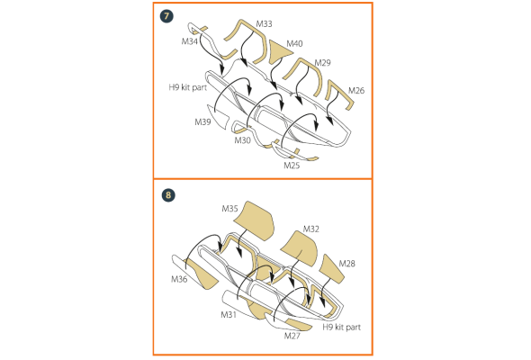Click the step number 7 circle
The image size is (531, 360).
tap(166, 16)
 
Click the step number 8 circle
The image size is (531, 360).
tap(168, 195)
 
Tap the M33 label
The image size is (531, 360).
tap(264, 24)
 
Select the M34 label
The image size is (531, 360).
tap(189, 41)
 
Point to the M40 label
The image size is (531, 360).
tap(294, 44)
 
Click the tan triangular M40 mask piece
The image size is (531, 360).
tap(278, 51)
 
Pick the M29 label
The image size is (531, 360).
tap(323, 63)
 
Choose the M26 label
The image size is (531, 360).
tap(356, 90)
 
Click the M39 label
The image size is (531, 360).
tap(202, 121)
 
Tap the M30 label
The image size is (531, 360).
tap(242, 140)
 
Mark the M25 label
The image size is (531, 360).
tap(292, 166)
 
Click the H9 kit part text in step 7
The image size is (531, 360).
tap(188, 87)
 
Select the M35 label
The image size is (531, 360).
tap(229, 209)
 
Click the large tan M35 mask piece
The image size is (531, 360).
tap(255, 220)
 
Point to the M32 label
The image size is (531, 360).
tap(311, 229)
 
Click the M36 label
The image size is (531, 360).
tap(179, 279)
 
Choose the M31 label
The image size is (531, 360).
tap(229, 315)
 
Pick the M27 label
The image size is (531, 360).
tap(292, 336)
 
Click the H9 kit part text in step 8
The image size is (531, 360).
tap(342, 327)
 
